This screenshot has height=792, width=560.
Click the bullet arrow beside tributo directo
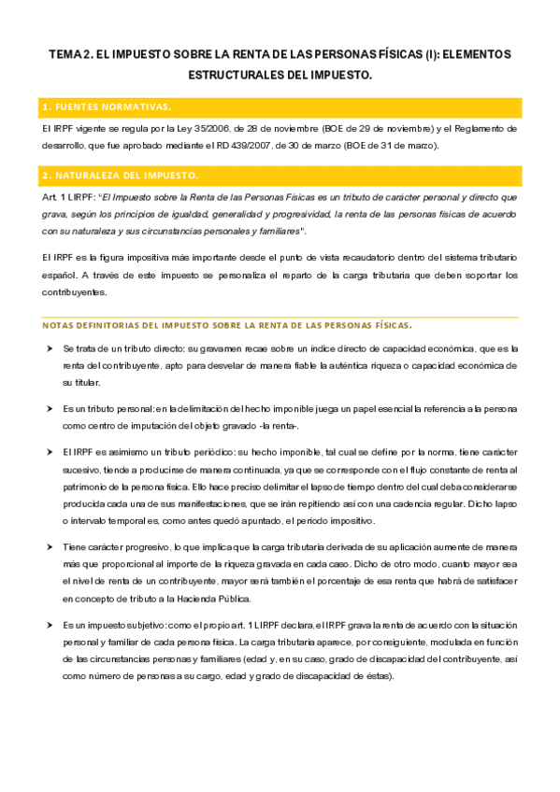[50, 347]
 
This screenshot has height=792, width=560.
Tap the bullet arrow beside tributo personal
[50, 408]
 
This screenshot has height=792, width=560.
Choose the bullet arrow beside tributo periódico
[50, 451]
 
